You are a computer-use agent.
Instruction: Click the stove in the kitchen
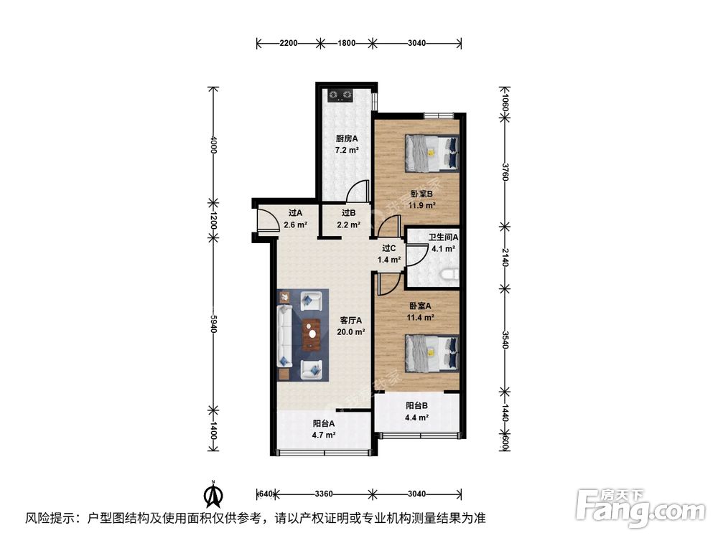(340, 94)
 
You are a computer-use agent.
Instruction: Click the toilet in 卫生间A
(451, 274)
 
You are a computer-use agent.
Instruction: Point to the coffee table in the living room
(311, 335)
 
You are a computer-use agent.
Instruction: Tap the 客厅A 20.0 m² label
(351, 326)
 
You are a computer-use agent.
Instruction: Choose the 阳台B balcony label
(417, 412)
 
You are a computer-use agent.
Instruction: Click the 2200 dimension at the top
(289, 44)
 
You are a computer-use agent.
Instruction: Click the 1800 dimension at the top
(347, 44)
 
